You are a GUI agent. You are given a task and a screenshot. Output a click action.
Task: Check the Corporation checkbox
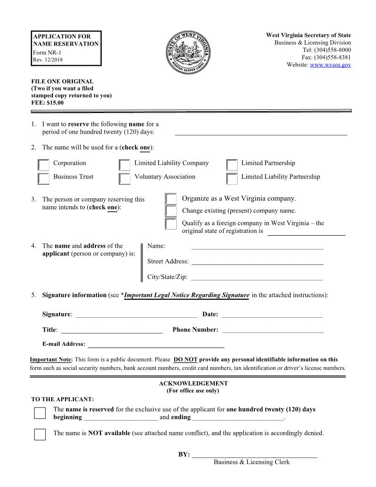click(44, 165)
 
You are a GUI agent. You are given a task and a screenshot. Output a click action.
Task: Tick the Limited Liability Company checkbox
click(124, 165)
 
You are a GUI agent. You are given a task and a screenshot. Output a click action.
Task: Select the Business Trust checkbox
click(44, 178)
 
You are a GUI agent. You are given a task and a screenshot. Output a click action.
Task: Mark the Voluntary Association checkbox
click(124, 178)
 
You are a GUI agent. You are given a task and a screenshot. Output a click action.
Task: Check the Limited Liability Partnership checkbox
click(233, 178)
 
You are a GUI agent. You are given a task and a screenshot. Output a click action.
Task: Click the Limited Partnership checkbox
click(233, 165)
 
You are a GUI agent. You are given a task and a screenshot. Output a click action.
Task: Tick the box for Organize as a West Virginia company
click(171, 199)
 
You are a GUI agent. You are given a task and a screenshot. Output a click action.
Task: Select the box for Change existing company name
click(171, 211)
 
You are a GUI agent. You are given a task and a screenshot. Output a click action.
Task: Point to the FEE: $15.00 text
click(47, 103)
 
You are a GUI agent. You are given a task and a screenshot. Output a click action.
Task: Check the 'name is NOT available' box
click(40, 434)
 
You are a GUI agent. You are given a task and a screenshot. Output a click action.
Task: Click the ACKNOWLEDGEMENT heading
click(193, 383)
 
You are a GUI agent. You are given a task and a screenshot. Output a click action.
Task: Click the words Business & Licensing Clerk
click(252, 462)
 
